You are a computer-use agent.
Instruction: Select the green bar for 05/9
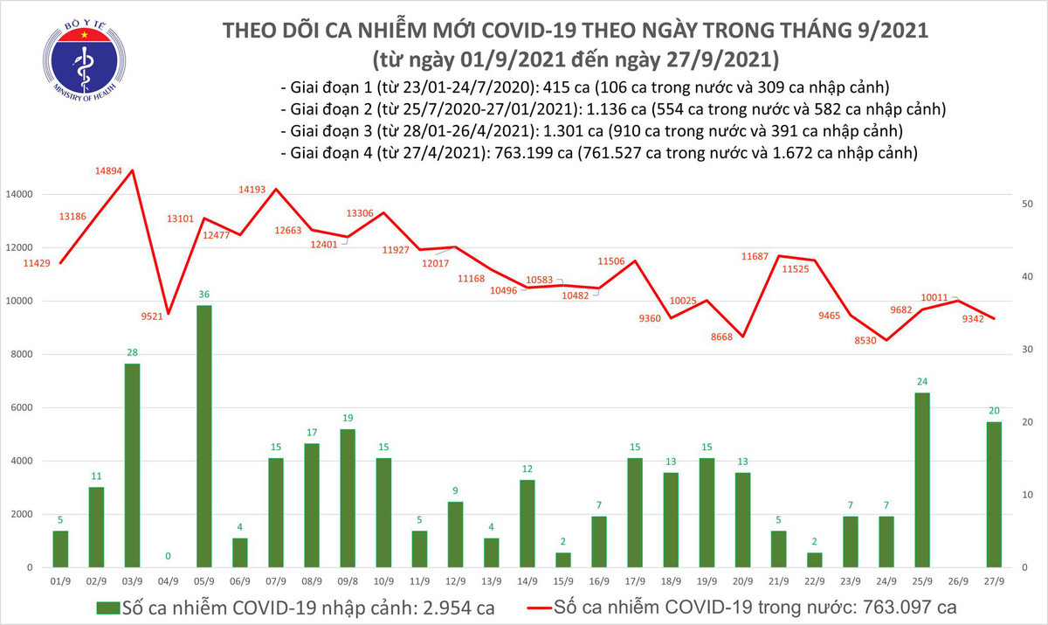[203, 436]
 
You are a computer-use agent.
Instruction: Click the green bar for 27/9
[993, 494]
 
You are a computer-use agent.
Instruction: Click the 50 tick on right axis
[1028, 204]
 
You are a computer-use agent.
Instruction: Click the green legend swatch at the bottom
[108, 607]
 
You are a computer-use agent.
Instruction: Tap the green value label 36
[203, 294]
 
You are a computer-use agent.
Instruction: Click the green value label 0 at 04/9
[168, 556]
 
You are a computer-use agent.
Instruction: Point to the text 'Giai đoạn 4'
[327, 152]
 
